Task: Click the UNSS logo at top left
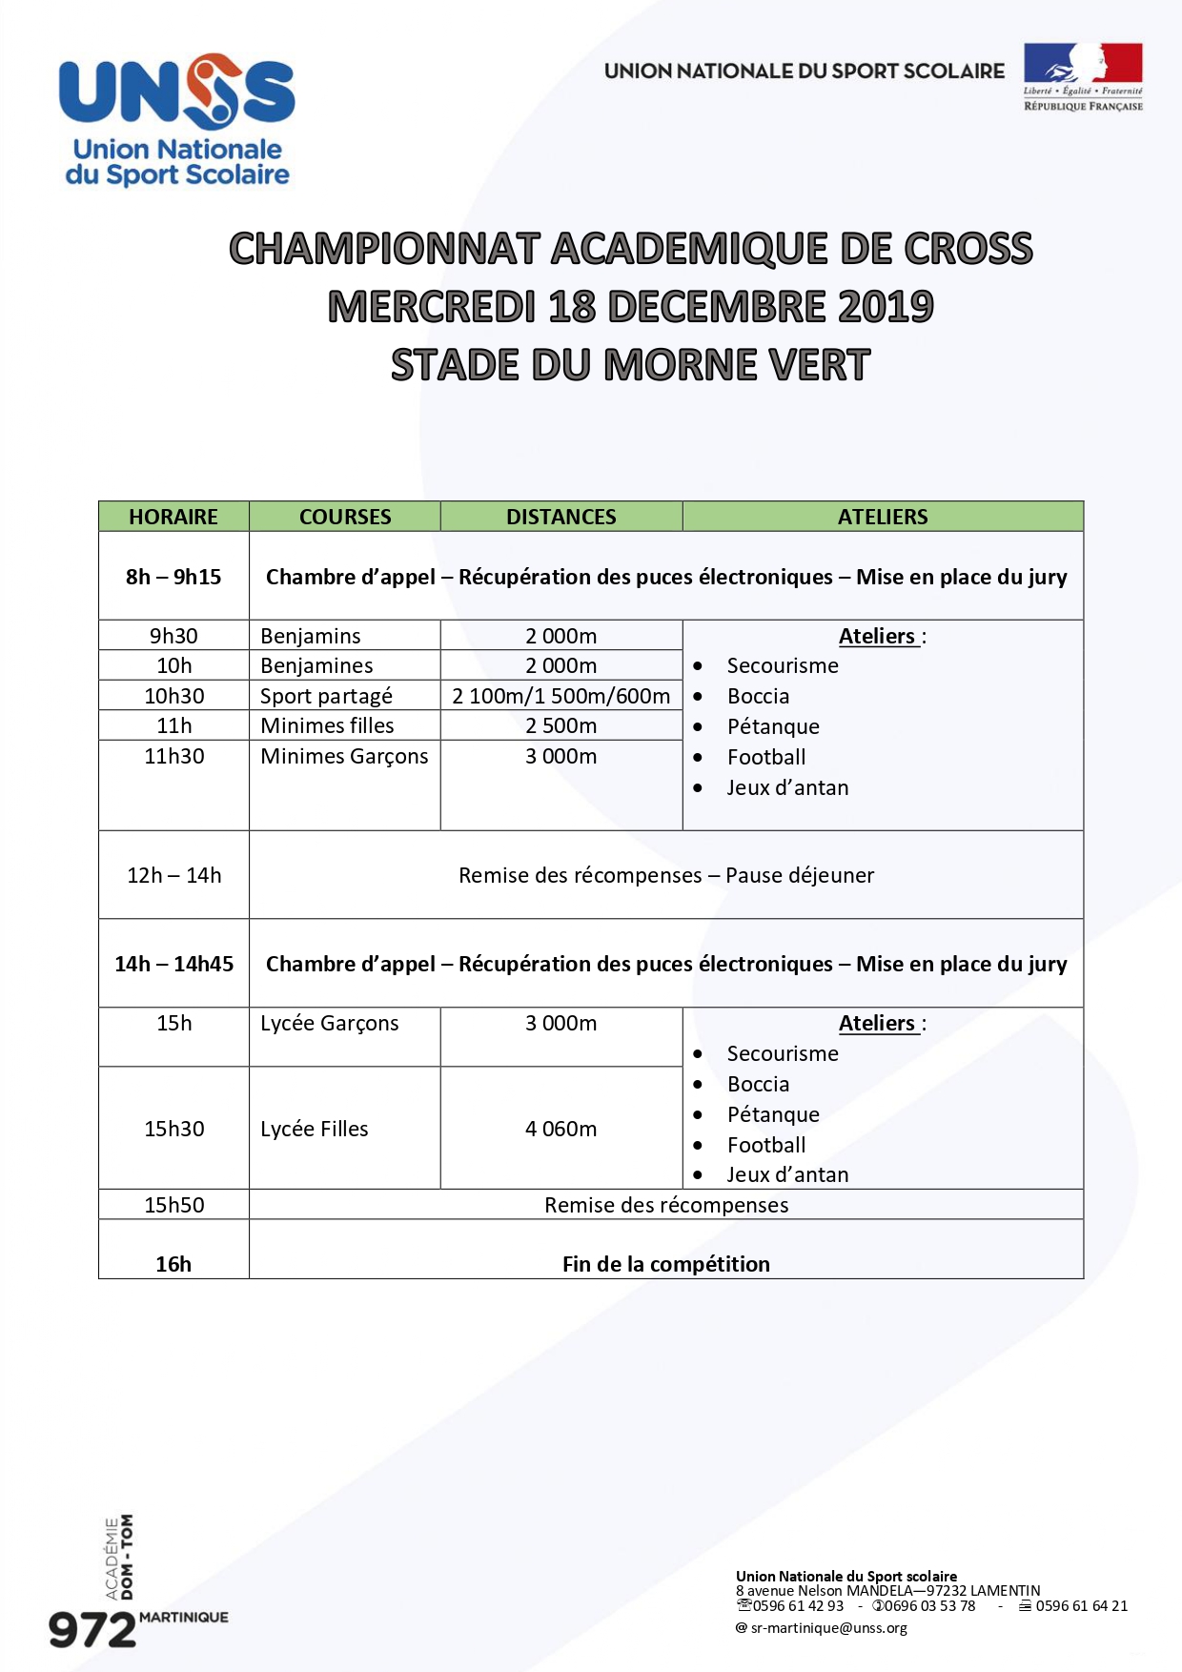(x=177, y=118)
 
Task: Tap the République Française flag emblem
(x=1083, y=76)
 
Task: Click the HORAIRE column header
(x=173, y=517)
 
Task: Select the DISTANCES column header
(x=560, y=517)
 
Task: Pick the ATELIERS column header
(x=883, y=517)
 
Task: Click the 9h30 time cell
(x=173, y=636)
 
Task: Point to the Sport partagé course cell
(x=326, y=696)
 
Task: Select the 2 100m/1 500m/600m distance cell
(x=560, y=696)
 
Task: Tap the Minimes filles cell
(x=327, y=725)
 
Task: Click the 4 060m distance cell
(x=560, y=1129)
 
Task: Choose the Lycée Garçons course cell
(x=329, y=1023)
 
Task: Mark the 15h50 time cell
(x=173, y=1205)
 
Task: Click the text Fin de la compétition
(x=665, y=1264)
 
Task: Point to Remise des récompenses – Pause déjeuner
(x=665, y=875)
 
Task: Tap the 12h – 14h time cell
(x=173, y=875)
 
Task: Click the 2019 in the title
(x=886, y=307)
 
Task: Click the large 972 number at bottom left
(x=92, y=1631)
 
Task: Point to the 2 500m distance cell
(x=560, y=725)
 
